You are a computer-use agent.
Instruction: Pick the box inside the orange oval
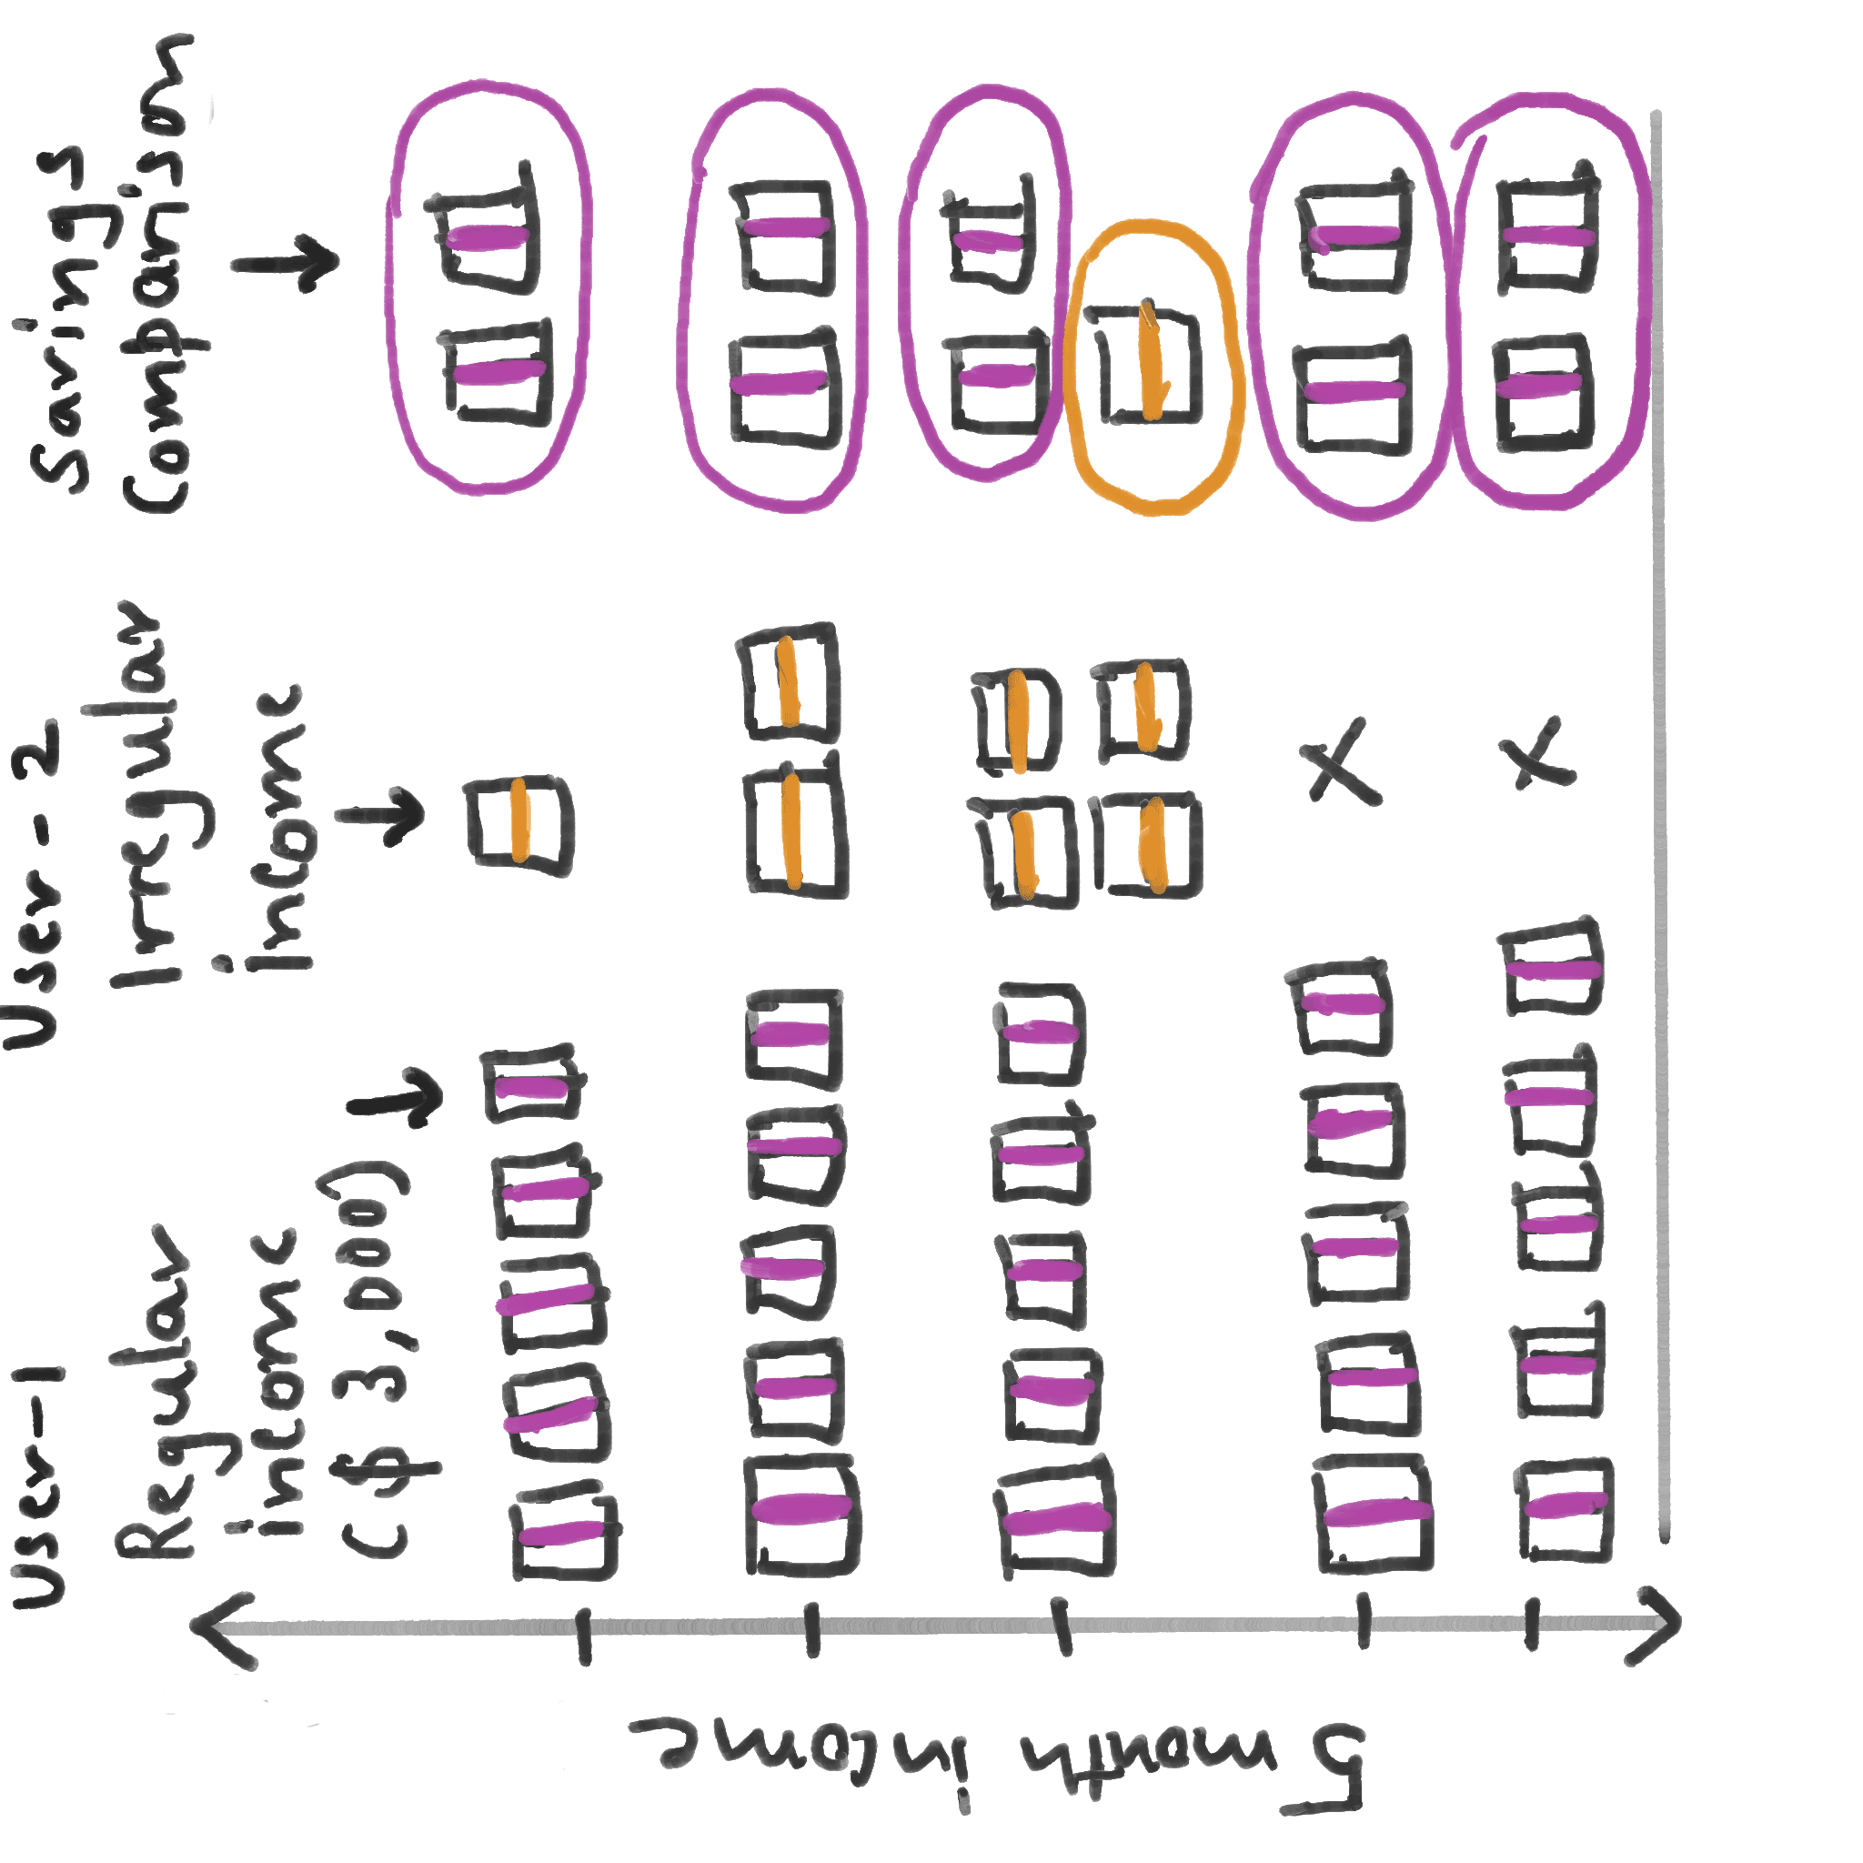[x=1147, y=365]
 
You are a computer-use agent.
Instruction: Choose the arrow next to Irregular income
[x=381, y=816]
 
